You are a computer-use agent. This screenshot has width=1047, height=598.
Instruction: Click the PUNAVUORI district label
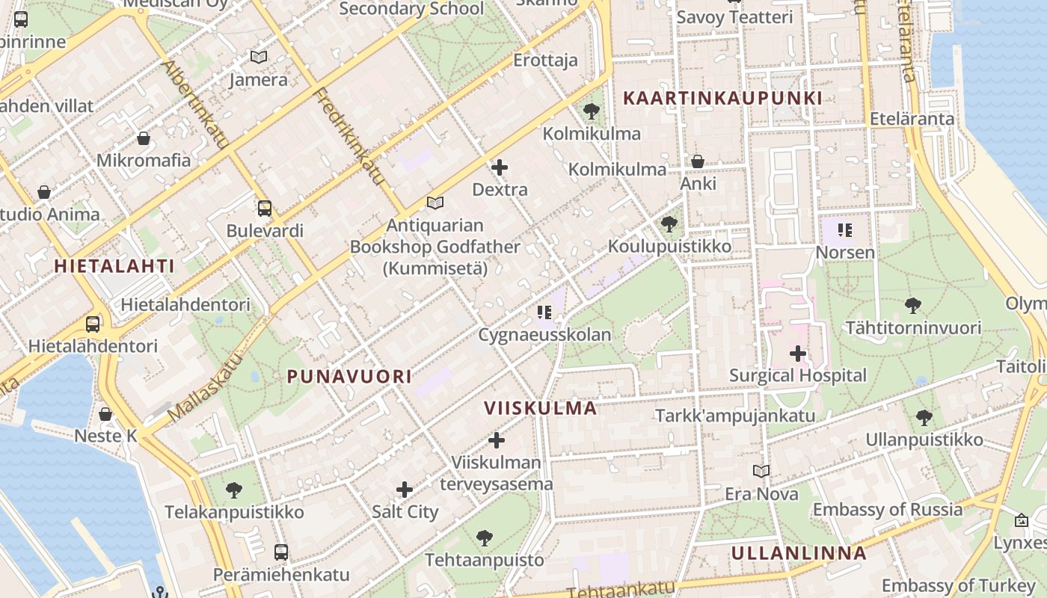coord(349,377)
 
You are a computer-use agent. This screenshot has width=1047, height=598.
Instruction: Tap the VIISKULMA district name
coord(541,408)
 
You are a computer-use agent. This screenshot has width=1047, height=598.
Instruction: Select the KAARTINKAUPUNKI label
coord(722,98)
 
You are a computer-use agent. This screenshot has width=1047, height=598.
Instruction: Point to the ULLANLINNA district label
coord(799,553)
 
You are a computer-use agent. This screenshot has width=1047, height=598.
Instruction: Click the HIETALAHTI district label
coord(114,265)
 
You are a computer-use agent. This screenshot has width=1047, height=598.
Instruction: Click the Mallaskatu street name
coord(206,386)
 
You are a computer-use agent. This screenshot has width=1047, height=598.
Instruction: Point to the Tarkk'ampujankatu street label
coord(735,416)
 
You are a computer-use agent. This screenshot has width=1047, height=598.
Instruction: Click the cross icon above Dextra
coord(500,167)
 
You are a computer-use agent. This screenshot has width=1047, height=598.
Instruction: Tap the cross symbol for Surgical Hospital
coord(798,353)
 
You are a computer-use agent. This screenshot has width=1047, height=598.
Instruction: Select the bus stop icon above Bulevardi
coord(265,208)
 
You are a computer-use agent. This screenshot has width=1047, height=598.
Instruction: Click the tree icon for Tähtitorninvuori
coord(912,305)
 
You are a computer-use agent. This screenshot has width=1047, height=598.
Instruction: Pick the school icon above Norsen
coord(845,230)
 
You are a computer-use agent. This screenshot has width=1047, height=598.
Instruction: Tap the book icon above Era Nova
coord(761,471)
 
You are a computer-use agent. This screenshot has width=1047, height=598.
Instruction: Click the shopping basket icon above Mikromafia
coord(144,138)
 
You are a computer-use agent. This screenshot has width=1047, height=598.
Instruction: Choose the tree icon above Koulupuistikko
coord(669,224)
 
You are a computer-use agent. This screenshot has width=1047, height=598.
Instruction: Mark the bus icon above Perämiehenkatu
coord(281,552)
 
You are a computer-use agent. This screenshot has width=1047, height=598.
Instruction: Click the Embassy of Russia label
coord(888,510)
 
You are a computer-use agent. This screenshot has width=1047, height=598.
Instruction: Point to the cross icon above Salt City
coord(405,490)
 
